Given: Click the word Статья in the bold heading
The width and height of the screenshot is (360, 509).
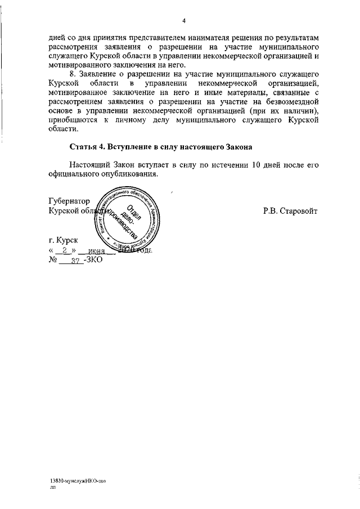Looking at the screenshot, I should [83, 147].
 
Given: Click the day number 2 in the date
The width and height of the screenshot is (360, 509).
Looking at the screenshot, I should [65, 251].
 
